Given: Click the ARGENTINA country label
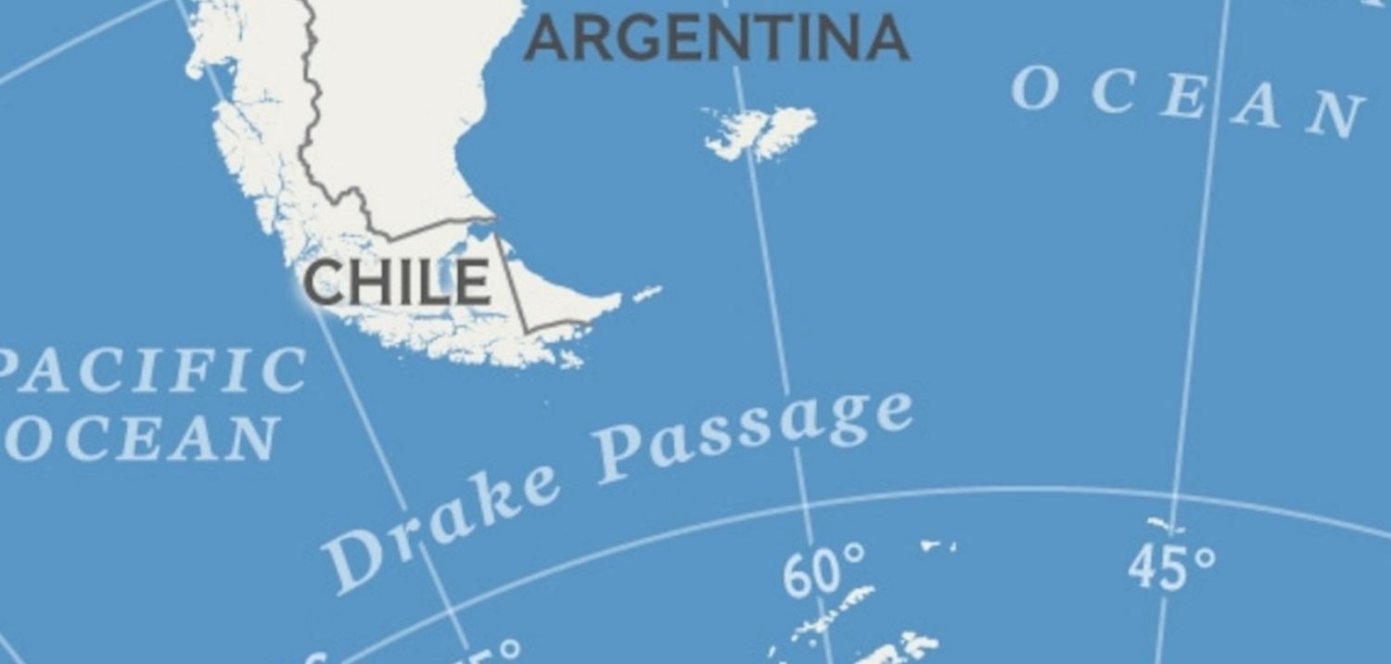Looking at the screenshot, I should click(x=716, y=39).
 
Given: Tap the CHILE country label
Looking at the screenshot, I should click(x=397, y=283).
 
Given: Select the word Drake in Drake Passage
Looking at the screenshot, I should click(x=441, y=524).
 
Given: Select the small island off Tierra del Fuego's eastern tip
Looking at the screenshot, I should click(x=647, y=294).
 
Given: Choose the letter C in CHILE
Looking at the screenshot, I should click(x=324, y=283).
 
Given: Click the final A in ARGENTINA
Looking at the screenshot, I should click(x=887, y=39).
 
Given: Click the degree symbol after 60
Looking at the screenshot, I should click(x=855, y=555).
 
